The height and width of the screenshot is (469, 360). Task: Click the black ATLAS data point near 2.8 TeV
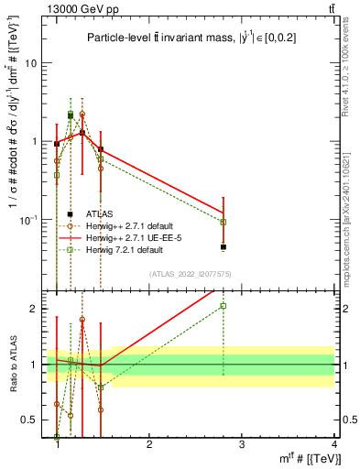[224, 247]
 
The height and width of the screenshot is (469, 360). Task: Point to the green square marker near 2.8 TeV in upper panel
[224, 222]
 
